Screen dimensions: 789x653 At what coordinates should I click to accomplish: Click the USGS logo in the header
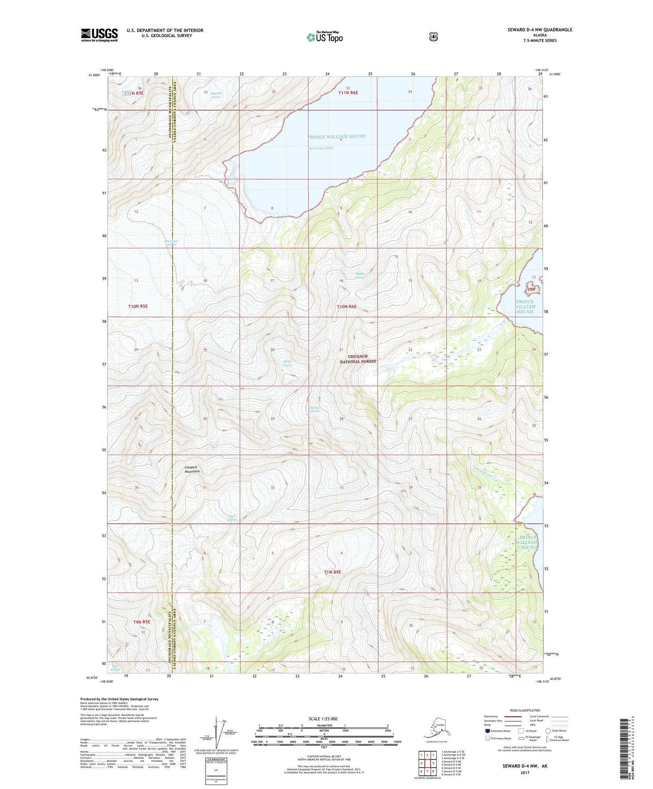[x=99, y=35]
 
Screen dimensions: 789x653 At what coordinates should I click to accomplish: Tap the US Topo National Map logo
[x=324, y=37]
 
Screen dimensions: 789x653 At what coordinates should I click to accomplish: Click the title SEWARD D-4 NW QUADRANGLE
[x=540, y=30]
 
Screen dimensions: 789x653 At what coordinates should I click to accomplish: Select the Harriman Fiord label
[x=320, y=148]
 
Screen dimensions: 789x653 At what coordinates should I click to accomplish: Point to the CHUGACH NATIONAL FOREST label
[x=358, y=359]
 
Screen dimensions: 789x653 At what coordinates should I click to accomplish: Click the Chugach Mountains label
[x=192, y=469]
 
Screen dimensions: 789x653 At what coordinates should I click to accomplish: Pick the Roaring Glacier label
[x=216, y=95]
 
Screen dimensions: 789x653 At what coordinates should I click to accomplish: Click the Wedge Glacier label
[x=359, y=276]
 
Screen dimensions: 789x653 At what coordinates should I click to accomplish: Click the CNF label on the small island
[x=531, y=289]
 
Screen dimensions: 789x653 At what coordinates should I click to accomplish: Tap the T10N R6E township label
[x=347, y=307]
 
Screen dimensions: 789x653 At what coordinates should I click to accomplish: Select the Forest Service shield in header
[x=433, y=37]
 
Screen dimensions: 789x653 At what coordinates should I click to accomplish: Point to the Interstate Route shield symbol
[x=488, y=731]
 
